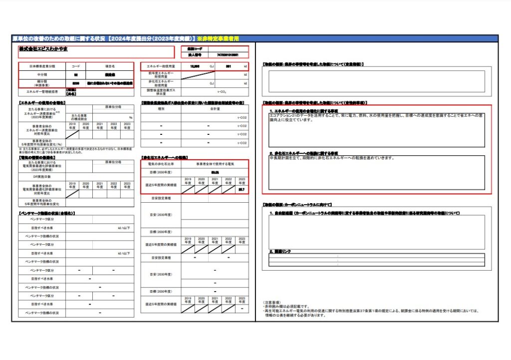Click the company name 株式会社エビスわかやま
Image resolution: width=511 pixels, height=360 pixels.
coord(43,49)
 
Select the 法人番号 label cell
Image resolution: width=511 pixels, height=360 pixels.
coord(194,54)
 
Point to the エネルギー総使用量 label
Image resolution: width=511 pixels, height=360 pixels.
coord(161,66)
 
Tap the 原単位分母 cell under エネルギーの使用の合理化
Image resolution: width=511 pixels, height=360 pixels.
coord(114,107)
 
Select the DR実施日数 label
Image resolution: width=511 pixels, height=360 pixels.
coord(42,177)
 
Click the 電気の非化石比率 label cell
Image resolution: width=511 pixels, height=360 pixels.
coord(161,164)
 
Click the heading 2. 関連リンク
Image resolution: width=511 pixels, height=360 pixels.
coord(280,251)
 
